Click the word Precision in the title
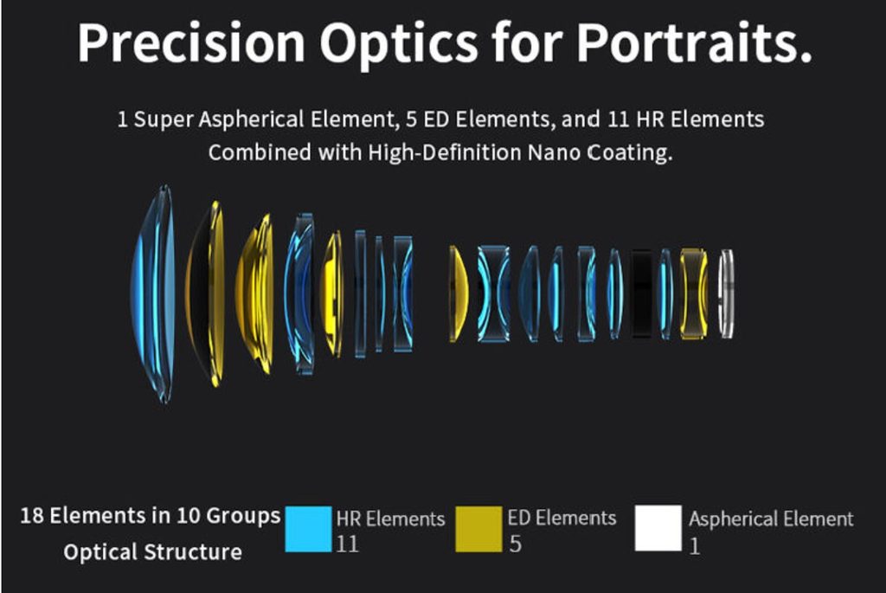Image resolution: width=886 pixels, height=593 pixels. [191, 43]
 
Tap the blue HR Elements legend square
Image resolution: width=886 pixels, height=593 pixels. [308, 529]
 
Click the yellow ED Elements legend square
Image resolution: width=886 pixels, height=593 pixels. [478, 529]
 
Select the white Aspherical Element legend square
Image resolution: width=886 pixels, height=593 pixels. [658, 528]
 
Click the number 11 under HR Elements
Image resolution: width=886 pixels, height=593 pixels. [347, 544]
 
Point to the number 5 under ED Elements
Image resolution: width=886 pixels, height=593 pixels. [515, 544]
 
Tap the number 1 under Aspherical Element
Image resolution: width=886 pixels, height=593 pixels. [695, 546]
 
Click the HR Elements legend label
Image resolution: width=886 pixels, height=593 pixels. [390, 519]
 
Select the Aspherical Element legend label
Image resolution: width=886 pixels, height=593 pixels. [771, 519]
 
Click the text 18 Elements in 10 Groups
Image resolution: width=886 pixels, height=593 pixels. [151, 516]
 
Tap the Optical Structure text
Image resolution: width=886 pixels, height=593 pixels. [152, 551]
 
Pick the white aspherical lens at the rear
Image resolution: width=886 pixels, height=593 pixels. [726, 294]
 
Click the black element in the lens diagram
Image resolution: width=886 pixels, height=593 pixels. [642, 294]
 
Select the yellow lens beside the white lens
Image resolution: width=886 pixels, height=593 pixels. [693, 294]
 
